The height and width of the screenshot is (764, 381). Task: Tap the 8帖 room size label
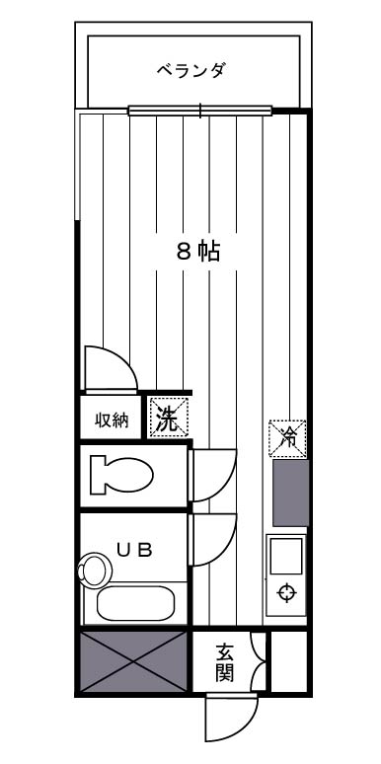pos(197,251)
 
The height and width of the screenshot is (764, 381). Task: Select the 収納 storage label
pos(112,420)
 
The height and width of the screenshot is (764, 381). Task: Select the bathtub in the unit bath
pos(136,601)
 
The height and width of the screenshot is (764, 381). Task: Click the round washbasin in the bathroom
pos(95,570)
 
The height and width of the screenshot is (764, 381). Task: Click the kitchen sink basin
pos(286,558)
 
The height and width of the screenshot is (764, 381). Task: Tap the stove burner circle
pos(287,593)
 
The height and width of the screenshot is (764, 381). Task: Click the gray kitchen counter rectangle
pos(290,492)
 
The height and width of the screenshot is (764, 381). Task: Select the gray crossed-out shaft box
pos(132,661)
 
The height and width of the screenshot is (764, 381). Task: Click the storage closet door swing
pos(109,370)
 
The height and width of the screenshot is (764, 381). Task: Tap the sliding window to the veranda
pos(199,111)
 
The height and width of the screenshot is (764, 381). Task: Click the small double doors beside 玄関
pos(260,661)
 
